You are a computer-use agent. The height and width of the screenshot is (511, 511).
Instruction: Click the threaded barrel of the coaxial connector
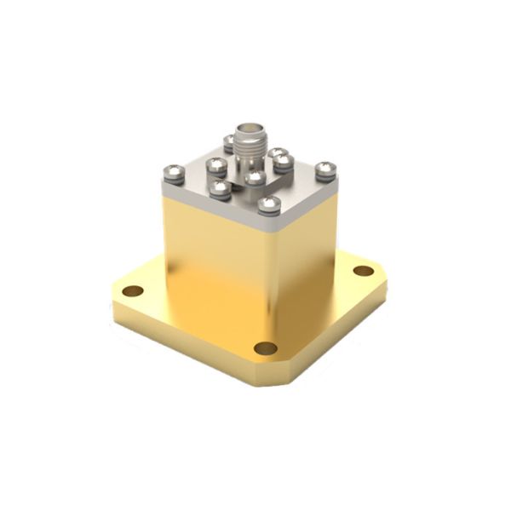[250, 153]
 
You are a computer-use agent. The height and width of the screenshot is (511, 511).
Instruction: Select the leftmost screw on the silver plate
[173, 175]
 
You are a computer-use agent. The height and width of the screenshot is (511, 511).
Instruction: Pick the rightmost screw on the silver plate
[325, 170]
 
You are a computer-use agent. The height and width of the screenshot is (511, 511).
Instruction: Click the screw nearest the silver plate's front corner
[269, 204]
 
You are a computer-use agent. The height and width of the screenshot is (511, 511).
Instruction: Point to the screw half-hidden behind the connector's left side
[228, 142]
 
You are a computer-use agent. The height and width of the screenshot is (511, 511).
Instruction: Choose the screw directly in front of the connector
[255, 177]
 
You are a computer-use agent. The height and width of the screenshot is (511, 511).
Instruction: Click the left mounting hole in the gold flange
[132, 290]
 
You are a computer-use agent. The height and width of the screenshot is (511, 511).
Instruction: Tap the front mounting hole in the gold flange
[266, 347]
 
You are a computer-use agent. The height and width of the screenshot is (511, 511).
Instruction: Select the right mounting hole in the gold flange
[364, 271]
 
